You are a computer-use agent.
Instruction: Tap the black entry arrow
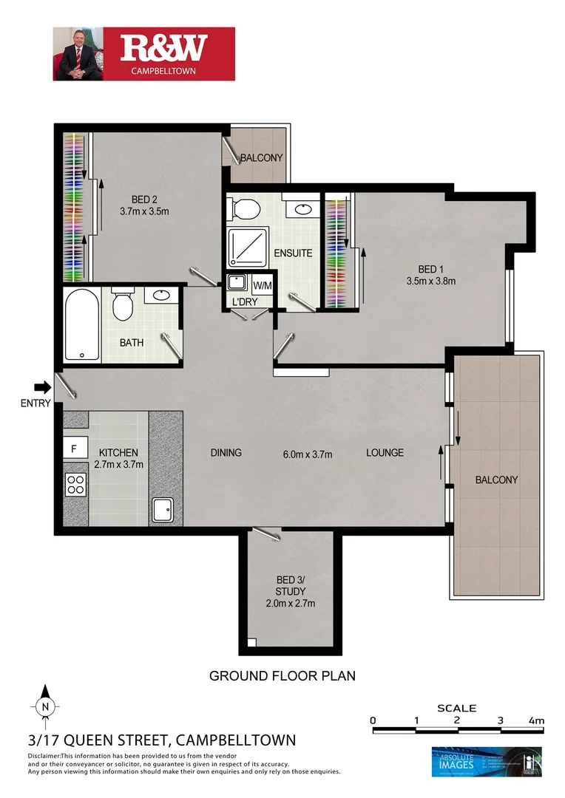coord(43,386)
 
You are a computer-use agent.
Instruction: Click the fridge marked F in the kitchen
coord(74,449)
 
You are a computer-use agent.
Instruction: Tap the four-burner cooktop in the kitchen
coord(75,484)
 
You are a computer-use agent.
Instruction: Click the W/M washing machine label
coord(262,285)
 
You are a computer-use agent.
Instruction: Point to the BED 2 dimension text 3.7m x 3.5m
coord(144,211)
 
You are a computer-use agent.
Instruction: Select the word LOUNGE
coord(385,452)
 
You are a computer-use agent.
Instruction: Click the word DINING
coord(226,452)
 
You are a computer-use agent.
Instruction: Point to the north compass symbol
coord(46,705)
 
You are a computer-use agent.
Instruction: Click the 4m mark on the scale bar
coord(536,720)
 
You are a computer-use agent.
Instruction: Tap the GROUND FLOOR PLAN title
coord(282,675)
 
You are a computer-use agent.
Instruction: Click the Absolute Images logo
coord(486,761)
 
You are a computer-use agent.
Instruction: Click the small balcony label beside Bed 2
coord(260,157)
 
